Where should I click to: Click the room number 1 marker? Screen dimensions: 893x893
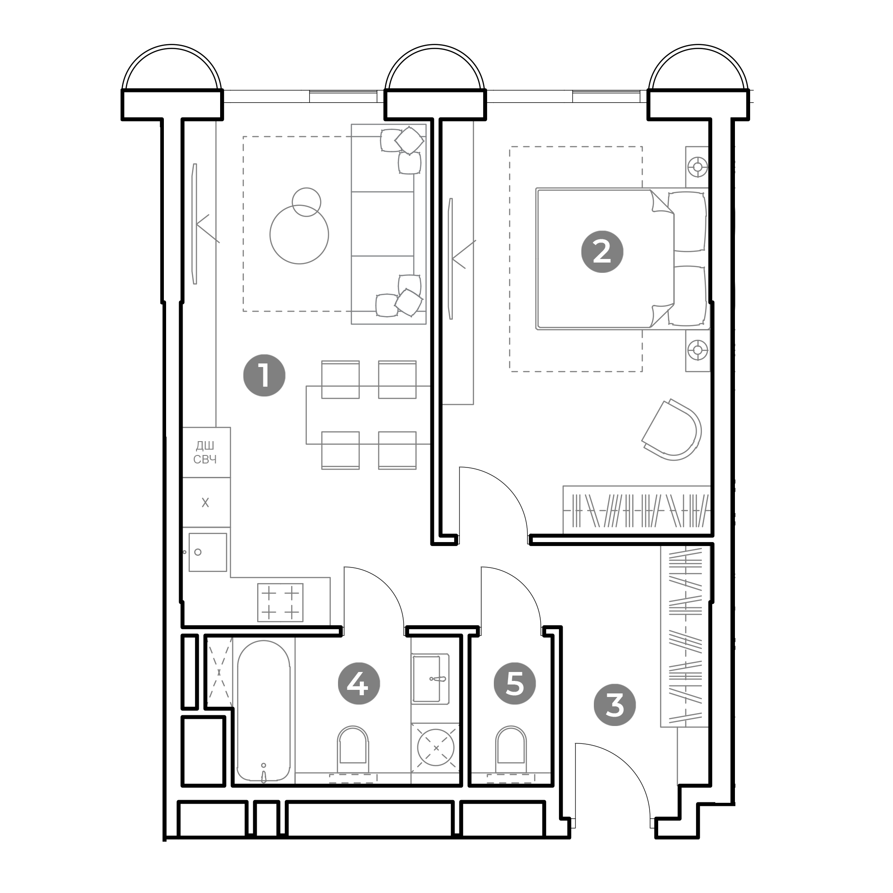pos(264,376)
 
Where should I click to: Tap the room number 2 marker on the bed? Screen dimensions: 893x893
pos(602,252)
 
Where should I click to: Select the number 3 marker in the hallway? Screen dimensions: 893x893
pos(614,705)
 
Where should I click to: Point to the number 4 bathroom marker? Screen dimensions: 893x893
pos(359,683)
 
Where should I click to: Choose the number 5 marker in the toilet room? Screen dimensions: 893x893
pos(514,683)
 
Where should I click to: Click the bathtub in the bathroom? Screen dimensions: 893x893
pos(263,712)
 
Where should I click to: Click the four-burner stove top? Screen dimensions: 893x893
pos(280,602)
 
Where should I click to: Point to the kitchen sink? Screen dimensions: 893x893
pos(208,552)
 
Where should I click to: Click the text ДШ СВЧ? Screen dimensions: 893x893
pos(205,452)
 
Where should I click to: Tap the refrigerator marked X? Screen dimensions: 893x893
pos(206,502)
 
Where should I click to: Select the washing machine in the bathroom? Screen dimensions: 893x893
pos(435,747)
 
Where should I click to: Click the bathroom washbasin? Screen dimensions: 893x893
pos(430,679)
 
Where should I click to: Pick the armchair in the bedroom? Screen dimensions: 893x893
pos(673,430)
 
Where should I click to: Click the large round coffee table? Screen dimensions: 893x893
pos(299,234)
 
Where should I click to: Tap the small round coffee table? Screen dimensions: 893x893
pos(306,202)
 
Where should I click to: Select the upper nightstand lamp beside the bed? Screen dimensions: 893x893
pos(697,167)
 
